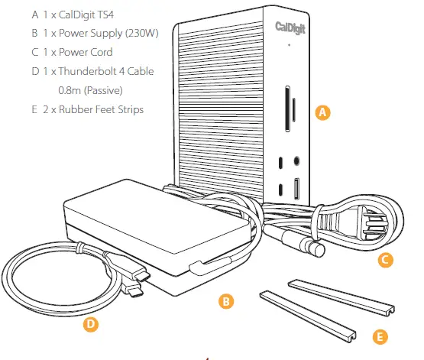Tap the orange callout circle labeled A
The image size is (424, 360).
click(322, 112)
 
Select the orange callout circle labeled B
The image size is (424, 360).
click(225, 301)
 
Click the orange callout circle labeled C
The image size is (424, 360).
click(386, 261)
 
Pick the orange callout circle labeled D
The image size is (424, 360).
click(90, 324)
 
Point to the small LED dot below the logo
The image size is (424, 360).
click(290, 45)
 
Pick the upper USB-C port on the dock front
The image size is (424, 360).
click(282, 162)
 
